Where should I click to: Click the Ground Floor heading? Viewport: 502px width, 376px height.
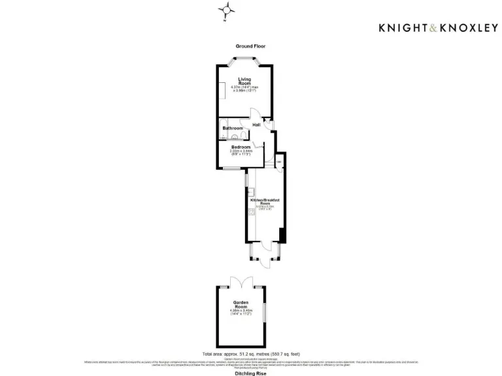tap(250, 46)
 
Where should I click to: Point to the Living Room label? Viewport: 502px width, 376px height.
tap(244, 82)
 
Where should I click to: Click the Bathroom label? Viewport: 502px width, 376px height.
tap(232, 128)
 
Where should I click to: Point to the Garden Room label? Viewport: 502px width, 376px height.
tap(242, 304)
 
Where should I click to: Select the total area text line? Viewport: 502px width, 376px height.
tap(250, 352)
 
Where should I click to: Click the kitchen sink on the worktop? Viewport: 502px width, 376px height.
tap(250, 192)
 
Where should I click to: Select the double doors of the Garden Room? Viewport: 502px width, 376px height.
tap(241, 282)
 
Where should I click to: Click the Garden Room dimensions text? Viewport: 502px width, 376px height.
tap(242, 312)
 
